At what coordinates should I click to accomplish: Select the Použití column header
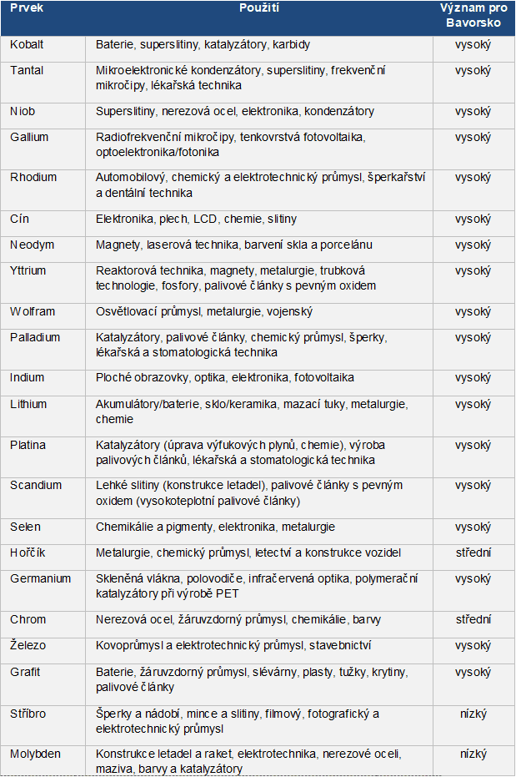(x=258, y=8)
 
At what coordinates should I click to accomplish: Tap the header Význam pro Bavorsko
(x=473, y=15)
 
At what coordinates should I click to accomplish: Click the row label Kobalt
(x=27, y=44)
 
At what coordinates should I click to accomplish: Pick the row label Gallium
(x=29, y=137)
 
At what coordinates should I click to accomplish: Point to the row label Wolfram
(x=33, y=311)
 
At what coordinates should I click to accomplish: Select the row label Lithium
(x=29, y=404)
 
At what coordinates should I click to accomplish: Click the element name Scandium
(x=33, y=485)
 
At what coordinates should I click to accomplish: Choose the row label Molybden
(x=34, y=754)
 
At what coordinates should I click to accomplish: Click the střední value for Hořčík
(x=473, y=552)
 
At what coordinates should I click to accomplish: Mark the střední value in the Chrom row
(x=473, y=619)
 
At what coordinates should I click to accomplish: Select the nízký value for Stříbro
(x=473, y=714)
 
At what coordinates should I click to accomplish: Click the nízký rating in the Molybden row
(x=473, y=754)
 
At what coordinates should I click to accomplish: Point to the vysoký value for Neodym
(x=473, y=245)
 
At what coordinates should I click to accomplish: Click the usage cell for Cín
(x=196, y=219)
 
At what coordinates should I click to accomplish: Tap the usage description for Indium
(x=225, y=377)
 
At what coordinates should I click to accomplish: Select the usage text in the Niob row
(x=235, y=111)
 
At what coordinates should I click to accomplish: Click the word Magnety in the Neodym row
(x=118, y=245)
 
